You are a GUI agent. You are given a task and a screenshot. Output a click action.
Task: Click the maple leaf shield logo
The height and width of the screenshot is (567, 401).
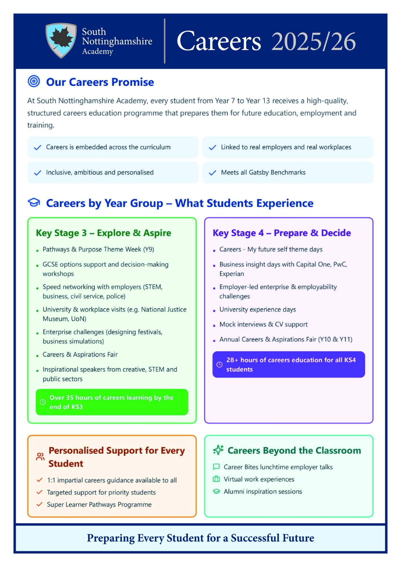(x=61, y=41)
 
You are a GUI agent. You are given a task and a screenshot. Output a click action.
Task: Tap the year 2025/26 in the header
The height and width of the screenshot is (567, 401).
(x=313, y=42)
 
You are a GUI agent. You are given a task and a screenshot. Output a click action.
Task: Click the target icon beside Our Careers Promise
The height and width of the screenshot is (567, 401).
(x=34, y=81)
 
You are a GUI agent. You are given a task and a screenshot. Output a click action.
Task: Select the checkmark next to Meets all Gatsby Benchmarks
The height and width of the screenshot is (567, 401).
(x=212, y=173)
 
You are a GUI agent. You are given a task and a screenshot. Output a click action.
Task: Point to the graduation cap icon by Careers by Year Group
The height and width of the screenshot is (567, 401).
(x=34, y=202)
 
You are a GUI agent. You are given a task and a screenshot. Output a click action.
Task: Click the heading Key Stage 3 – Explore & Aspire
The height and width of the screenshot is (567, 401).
(x=104, y=233)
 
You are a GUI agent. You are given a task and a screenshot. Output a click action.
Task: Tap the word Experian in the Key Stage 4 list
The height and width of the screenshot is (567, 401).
(x=232, y=274)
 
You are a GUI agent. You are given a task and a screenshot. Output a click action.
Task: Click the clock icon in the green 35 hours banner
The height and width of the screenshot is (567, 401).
(x=43, y=402)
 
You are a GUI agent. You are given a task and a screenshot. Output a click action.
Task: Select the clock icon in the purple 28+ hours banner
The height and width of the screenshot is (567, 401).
(x=220, y=365)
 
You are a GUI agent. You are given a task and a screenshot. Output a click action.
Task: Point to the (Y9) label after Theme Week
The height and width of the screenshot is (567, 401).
(x=149, y=249)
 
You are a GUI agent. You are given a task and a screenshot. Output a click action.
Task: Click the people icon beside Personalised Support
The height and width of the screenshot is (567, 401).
(x=40, y=457)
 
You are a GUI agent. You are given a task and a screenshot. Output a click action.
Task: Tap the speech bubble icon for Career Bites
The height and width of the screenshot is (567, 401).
(x=216, y=467)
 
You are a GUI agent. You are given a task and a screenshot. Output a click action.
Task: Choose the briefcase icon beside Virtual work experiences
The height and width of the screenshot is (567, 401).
(x=216, y=479)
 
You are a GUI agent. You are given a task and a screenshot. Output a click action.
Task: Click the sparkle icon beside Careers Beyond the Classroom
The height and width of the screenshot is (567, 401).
(x=218, y=450)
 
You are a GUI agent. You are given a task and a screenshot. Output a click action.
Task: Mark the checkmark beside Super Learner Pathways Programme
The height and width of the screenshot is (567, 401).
(x=39, y=504)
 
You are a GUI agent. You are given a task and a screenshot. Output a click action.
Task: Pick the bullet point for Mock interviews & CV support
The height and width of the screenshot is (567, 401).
(x=214, y=326)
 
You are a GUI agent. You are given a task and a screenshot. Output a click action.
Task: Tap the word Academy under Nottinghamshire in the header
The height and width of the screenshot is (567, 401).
(x=98, y=51)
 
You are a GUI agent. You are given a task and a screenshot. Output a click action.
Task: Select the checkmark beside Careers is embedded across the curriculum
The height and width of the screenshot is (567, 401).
(x=37, y=147)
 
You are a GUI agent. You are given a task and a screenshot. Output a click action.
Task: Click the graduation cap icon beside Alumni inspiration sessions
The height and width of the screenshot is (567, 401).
(x=216, y=491)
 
